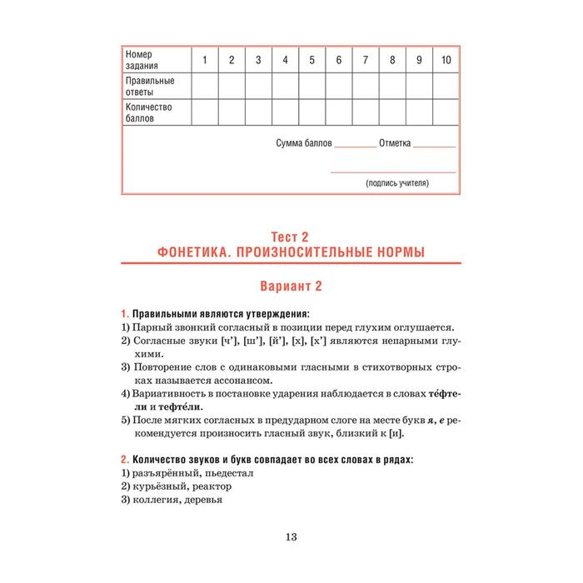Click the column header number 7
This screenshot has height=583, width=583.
click(366, 60)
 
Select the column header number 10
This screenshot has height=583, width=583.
click(446, 60)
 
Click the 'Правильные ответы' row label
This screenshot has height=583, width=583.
click(150, 87)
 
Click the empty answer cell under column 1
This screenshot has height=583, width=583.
click(205, 87)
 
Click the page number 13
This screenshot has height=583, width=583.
click(291, 536)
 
